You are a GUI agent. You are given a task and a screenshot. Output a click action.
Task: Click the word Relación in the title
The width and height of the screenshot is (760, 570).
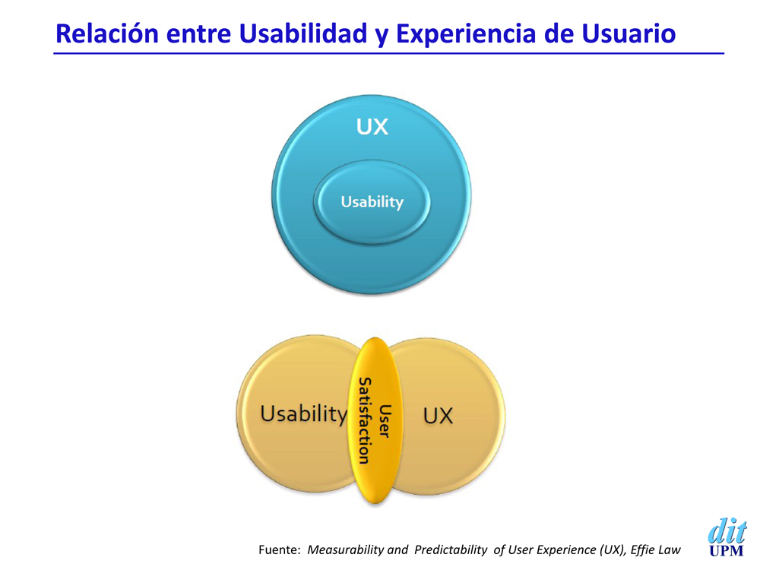click(x=107, y=33)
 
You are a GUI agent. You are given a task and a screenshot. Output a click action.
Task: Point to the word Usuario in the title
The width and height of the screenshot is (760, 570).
click(x=629, y=33)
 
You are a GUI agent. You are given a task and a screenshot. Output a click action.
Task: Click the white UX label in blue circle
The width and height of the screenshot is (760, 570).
click(x=372, y=127)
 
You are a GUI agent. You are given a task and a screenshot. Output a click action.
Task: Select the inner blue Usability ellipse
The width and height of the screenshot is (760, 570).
click(x=372, y=201)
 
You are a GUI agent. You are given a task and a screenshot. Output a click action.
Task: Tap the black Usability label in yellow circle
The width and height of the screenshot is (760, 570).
click(x=304, y=414)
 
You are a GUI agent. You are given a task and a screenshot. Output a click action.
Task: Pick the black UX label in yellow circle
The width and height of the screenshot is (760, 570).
click(x=438, y=416)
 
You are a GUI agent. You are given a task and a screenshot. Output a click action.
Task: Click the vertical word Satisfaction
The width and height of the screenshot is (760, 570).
click(x=364, y=421)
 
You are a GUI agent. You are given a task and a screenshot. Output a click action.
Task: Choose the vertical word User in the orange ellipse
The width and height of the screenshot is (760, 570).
click(x=385, y=421)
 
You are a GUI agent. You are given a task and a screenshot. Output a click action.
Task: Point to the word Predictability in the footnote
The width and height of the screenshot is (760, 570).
click(x=450, y=550)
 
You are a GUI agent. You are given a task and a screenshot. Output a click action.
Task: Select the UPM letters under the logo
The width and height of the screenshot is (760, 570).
click(x=726, y=551)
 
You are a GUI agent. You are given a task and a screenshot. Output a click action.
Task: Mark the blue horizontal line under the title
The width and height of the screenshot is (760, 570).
click(x=388, y=53)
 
